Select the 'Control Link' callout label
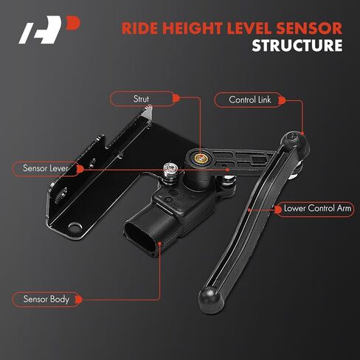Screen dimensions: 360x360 coord(249,100)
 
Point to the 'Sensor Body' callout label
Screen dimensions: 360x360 coord(46,299)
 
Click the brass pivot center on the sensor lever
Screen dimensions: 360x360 coord(201,158)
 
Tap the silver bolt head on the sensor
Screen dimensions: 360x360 coord(170,169)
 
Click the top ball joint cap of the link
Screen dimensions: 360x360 coord(294,141)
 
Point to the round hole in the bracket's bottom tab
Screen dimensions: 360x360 coord(74,226)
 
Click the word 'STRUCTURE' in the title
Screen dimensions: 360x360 coord(297,45)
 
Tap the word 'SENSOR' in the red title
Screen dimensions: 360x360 coord(309,28)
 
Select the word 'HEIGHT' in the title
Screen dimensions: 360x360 coord(193,28)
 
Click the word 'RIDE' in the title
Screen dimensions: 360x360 coord(139,28)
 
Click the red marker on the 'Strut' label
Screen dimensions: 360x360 coord(176,98)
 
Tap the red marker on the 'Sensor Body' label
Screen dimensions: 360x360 coord(79,300)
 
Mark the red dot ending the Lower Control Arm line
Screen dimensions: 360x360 coord(249,210)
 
